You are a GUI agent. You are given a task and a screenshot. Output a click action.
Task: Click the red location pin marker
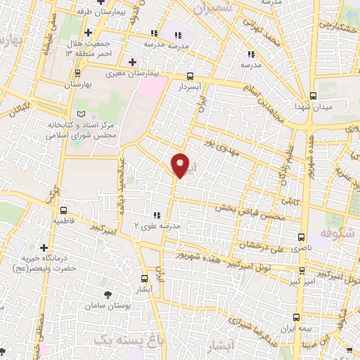click(x=181, y=166)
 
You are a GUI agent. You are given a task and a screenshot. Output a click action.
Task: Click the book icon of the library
click(x=82, y=113)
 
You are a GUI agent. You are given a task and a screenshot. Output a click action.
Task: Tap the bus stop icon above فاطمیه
click(x=64, y=210)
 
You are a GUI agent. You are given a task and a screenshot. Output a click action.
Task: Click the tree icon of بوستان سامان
click(x=108, y=295)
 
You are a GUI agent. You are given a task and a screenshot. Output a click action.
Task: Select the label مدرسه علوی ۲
click(x=158, y=226)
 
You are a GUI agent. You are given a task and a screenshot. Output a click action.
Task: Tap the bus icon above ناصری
click(x=302, y=238)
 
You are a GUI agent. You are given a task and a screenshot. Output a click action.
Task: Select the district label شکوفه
click(x=337, y=232)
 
